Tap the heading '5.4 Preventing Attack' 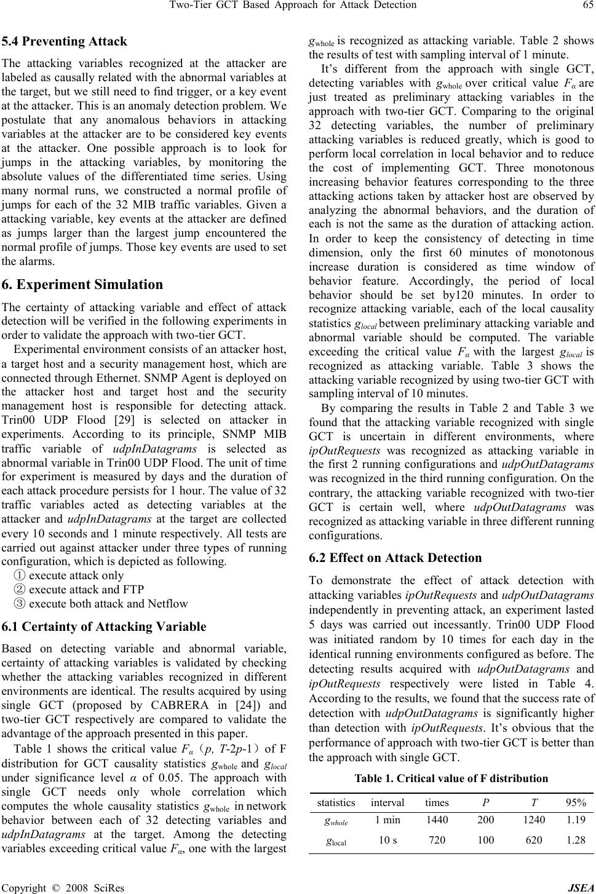pos(65,42)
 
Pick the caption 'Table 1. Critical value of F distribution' pos(451,778)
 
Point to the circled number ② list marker pos(19,590)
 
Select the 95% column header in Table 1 pos(576,802)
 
